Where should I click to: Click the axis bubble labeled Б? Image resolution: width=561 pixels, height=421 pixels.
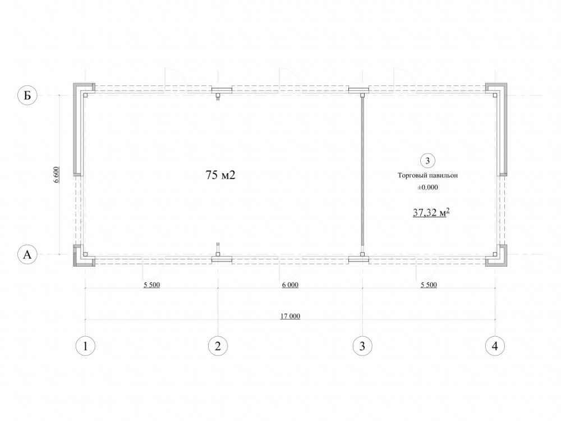pos(27,95)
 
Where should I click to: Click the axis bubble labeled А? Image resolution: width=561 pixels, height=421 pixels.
pos(27,254)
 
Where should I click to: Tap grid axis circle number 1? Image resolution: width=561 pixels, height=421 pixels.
pos(85,346)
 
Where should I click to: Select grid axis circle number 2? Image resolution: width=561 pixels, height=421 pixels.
pos(218,346)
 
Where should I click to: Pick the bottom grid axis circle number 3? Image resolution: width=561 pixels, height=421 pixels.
pos(362,346)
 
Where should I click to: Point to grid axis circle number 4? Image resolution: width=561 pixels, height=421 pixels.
pos(495,346)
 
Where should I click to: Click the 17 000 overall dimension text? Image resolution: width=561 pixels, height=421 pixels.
pos(290,316)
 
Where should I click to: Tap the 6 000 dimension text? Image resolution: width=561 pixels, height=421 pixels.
pos(290,285)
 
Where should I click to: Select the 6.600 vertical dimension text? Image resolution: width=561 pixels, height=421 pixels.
pos(57,175)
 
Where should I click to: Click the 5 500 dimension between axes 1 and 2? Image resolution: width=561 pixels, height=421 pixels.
pos(151,285)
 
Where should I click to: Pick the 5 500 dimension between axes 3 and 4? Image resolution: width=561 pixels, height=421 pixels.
pos(429,285)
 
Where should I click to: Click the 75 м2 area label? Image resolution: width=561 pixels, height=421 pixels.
pos(220,175)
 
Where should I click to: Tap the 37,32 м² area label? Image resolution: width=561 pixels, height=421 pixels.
pos(431,213)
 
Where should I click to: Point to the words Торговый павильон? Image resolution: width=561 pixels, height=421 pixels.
pos(428,175)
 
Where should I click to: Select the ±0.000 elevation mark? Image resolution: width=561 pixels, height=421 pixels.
pos(428,187)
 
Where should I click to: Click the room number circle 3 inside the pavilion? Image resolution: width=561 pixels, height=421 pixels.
pos(427,161)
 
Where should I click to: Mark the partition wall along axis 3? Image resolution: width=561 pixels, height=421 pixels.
pos(362,175)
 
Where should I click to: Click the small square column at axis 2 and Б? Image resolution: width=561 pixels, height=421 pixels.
pos(218,95)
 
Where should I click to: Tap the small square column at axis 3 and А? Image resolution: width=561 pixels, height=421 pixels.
pos(362,254)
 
